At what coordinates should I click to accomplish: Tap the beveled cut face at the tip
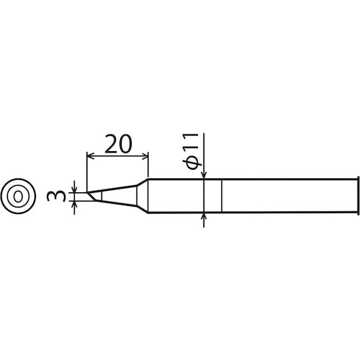pyautogui.click(x=91, y=195)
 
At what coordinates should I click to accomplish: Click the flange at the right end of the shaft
pyautogui.click(x=358, y=194)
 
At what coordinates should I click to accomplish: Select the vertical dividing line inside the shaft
pyautogui.click(x=222, y=194)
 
